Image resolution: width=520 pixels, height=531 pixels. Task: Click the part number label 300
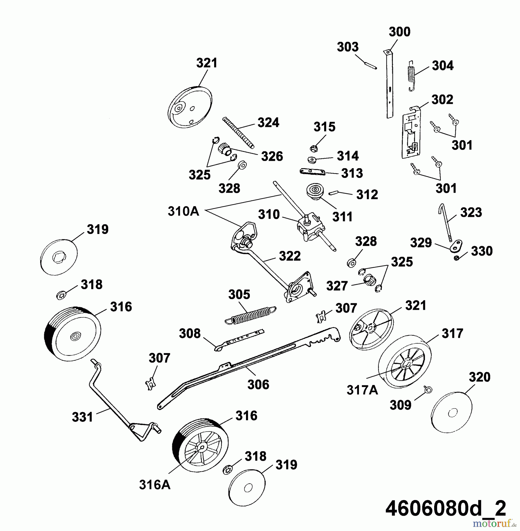pos(399,32)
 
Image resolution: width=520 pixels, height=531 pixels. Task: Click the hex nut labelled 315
pos(314,148)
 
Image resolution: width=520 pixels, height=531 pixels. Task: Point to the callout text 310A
pos(183,211)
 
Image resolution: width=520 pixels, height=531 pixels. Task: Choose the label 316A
pos(155,485)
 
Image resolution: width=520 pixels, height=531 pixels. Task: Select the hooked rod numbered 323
pos(445,221)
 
